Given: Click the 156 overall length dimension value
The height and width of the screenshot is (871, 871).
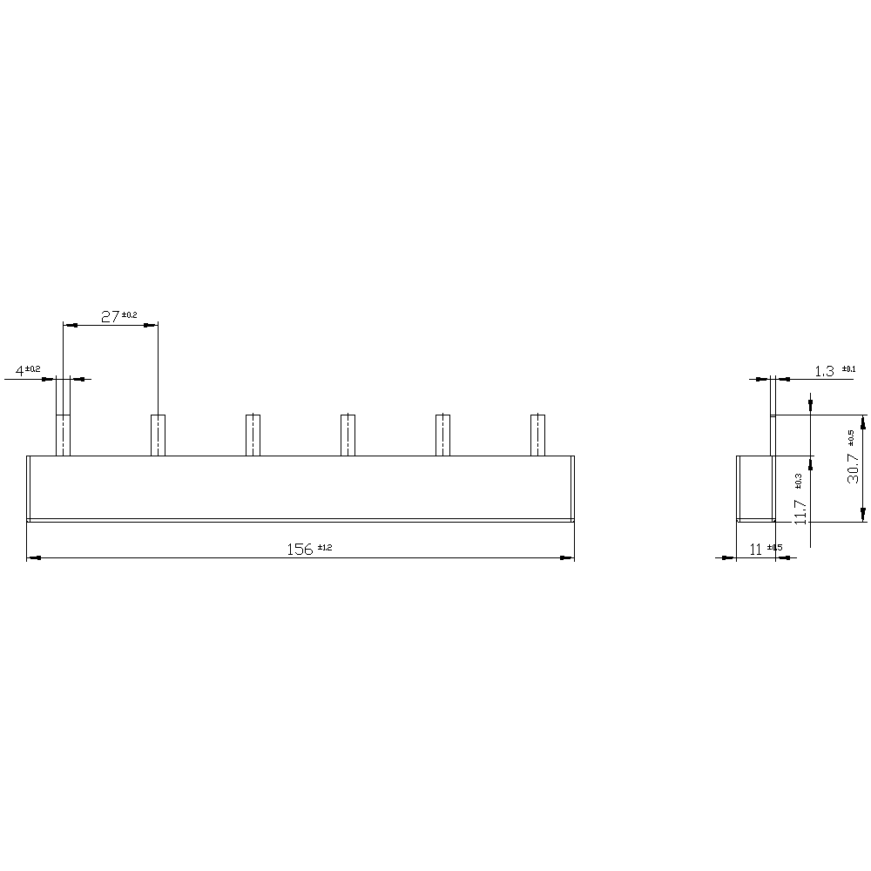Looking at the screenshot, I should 300,549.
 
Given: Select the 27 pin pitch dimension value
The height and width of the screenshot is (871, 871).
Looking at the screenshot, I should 110,317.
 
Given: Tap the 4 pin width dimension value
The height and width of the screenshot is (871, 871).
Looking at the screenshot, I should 18,372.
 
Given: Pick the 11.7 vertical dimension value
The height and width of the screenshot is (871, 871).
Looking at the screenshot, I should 801,506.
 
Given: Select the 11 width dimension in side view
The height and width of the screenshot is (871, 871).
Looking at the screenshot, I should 755,549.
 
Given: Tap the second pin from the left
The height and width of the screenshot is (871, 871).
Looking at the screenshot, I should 158,435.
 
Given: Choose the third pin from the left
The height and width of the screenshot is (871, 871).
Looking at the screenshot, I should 253,435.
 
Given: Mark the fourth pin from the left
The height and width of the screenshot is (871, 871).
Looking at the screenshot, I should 348,435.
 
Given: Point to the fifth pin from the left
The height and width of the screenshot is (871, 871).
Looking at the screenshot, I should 442,435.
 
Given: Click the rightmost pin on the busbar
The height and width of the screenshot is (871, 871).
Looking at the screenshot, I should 538,435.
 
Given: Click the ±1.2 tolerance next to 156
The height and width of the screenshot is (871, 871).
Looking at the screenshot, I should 324,547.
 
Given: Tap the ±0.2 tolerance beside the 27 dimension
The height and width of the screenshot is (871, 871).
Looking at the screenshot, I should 129,314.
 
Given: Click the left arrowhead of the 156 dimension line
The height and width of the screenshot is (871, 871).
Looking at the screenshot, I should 32,557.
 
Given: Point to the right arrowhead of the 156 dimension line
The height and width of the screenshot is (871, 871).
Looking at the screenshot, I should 570,557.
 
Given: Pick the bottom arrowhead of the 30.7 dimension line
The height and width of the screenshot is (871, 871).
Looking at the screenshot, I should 863,516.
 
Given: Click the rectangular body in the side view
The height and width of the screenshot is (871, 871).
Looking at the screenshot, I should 754,488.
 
